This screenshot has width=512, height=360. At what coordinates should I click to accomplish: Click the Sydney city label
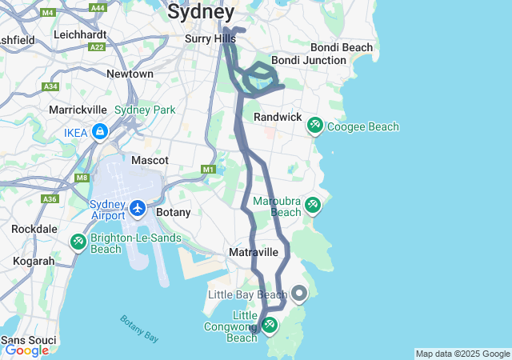201,12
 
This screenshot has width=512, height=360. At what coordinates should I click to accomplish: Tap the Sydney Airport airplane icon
138,208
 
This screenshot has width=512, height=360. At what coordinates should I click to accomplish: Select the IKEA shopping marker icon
100,131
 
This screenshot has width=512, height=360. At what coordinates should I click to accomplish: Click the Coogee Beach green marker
315,126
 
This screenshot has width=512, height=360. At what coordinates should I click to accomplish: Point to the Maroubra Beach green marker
312,206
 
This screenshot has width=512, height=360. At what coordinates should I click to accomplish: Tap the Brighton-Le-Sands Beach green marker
78,241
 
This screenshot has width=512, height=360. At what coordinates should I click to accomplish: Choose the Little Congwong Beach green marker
270,324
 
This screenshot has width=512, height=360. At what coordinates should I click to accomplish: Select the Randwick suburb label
278,118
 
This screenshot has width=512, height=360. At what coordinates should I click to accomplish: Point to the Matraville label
254,252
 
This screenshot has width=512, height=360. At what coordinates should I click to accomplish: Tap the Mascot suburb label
150,160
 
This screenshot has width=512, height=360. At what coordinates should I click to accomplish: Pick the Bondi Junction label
308,60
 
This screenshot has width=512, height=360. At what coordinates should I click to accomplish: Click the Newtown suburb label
130,74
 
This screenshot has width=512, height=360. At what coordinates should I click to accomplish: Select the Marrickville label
78,109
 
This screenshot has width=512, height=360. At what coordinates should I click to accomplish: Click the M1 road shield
209,170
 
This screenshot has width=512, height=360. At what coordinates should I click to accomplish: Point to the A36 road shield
50,198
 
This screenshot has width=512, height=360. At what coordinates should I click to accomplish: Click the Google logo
26,350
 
